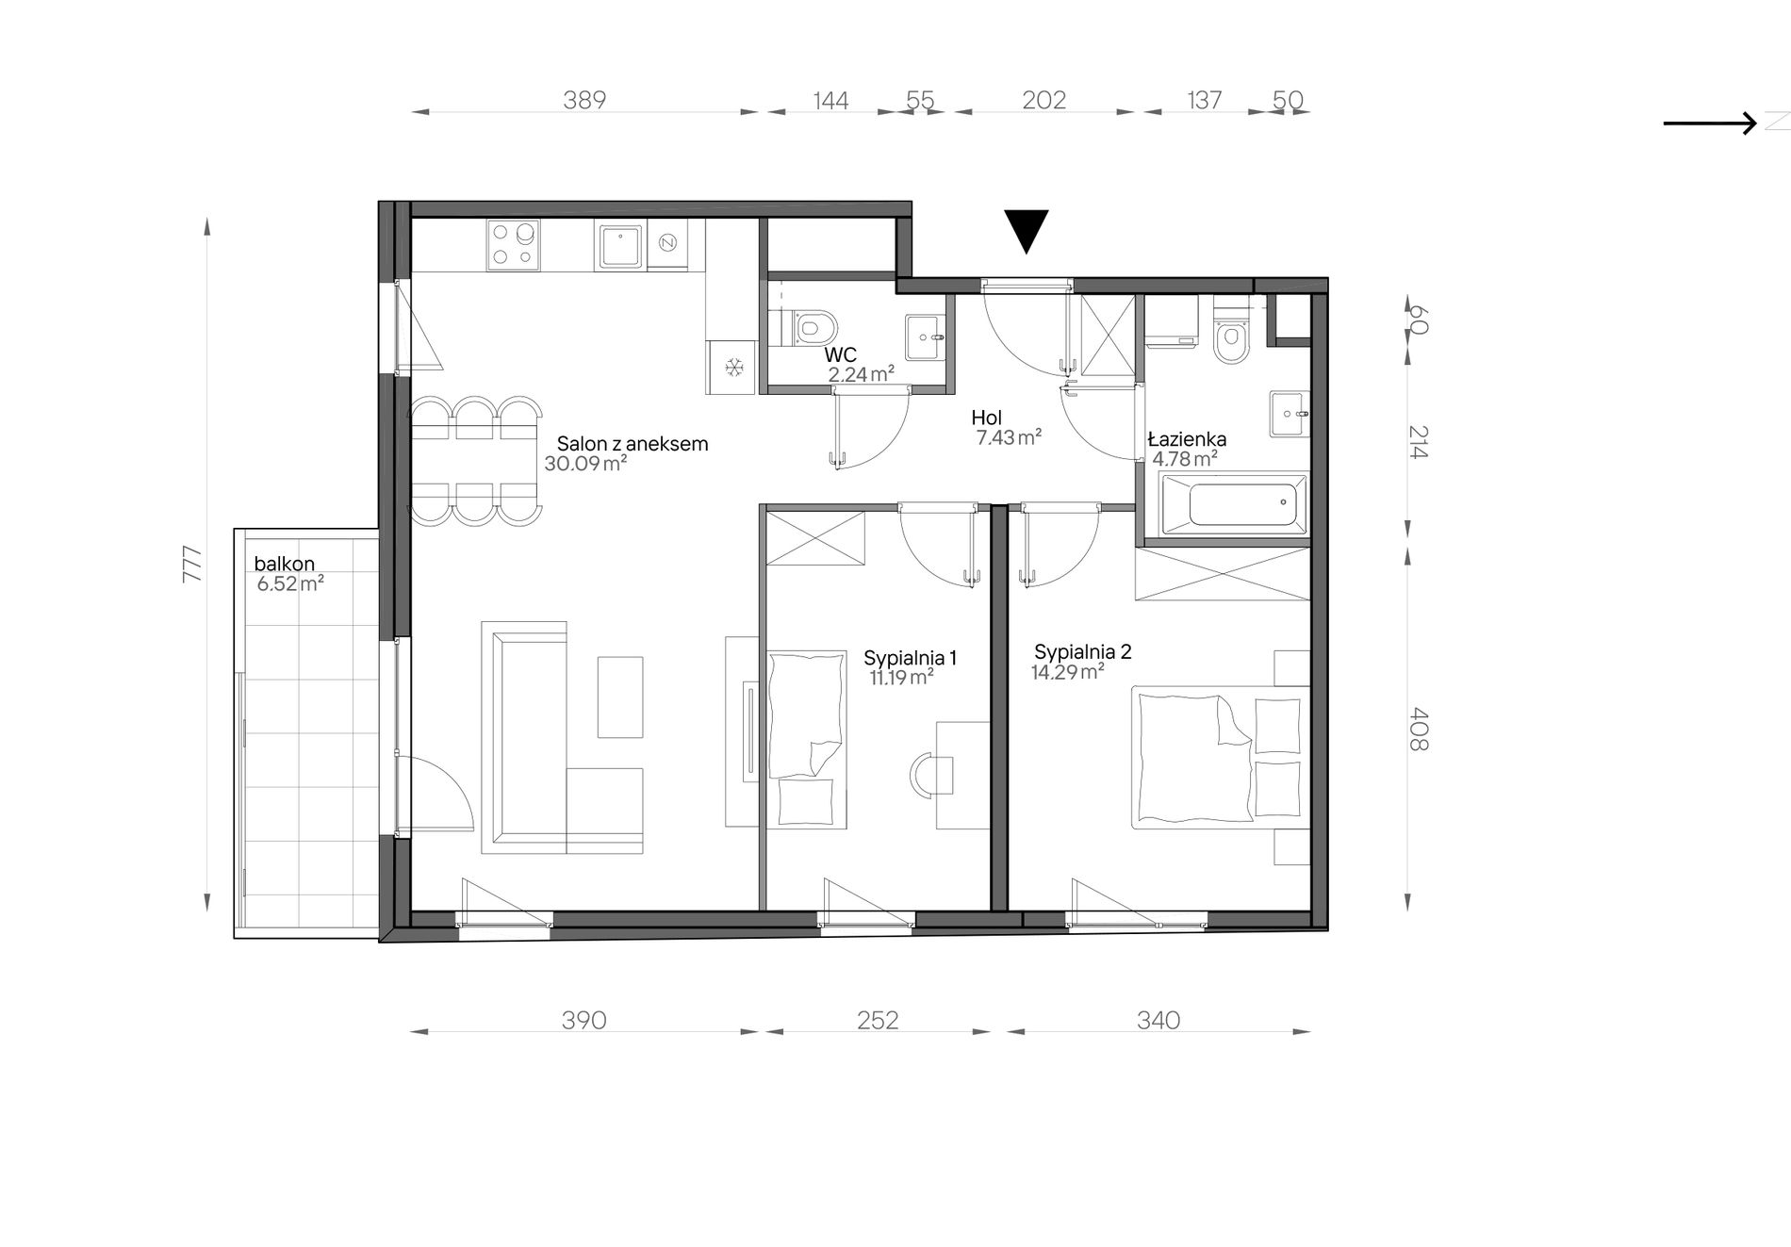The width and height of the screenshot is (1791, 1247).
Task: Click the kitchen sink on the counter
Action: click(x=619, y=245)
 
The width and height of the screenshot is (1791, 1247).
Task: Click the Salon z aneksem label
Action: click(x=632, y=444)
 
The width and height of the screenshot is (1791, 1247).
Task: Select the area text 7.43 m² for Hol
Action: click(x=1009, y=437)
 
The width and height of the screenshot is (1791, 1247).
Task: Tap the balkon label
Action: click(x=284, y=564)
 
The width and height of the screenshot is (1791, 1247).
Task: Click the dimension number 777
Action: click(x=192, y=564)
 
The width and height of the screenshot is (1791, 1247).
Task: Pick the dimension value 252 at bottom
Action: click(x=878, y=1020)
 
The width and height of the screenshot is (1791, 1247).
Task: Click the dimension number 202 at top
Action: click(x=1043, y=100)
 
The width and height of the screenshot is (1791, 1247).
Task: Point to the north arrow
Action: click(x=1710, y=123)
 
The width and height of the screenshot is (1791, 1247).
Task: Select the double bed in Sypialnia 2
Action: click(x=1221, y=758)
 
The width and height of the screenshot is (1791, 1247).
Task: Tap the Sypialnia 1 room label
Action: click(x=911, y=658)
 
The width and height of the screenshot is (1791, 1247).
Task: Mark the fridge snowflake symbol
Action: click(x=734, y=366)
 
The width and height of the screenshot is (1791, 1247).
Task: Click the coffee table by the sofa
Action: click(x=620, y=697)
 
